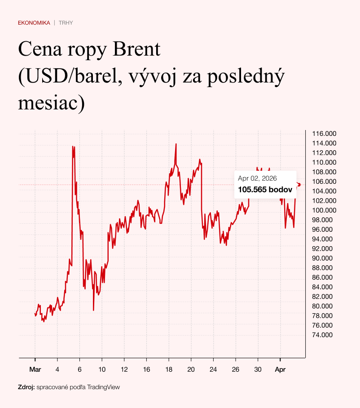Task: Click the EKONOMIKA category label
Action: pyautogui.click(x=34, y=22)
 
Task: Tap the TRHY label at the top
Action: pyautogui.click(x=66, y=22)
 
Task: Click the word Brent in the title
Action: pyautogui.click(x=136, y=49)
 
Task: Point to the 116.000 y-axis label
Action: pyautogui.click(x=324, y=134)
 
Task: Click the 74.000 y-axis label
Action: pyautogui.click(x=323, y=335)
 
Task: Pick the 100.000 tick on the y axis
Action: pyautogui.click(x=324, y=210)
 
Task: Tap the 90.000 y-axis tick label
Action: pyautogui.click(x=323, y=258)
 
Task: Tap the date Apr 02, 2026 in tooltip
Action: pyautogui.click(x=257, y=178)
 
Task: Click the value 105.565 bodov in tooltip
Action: pyautogui.click(x=265, y=190)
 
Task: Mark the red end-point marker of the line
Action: pyautogui.click(x=299, y=185)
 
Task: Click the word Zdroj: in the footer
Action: pyautogui.click(x=26, y=387)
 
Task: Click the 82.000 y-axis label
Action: pyautogui.click(x=323, y=296)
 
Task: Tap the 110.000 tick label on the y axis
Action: pyautogui.click(x=324, y=162)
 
